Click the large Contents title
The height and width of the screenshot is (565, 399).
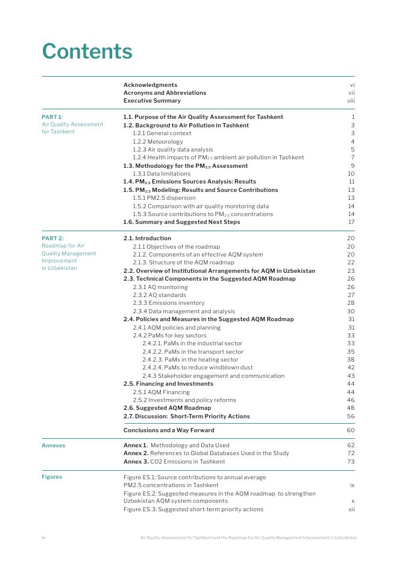(x=87, y=51)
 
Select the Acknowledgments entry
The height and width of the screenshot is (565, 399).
(x=150, y=85)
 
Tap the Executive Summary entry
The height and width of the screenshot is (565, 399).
(x=152, y=101)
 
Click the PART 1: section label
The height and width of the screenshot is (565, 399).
(x=52, y=117)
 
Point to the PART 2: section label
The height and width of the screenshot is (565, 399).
(x=52, y=238)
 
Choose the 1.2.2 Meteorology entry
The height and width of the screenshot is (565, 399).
(x=157, y=142)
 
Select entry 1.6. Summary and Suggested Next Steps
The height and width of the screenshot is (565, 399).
(x=181, y=222)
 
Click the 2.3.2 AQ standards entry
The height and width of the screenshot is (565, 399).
(x=159, y=295)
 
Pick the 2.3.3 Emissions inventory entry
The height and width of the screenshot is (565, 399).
(x=168, y=303)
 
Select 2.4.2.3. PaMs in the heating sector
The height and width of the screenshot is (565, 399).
(x=190, y=360)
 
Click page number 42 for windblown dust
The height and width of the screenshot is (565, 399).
(x=351, y=368)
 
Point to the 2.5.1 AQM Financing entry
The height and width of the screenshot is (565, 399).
(x=161, y=392)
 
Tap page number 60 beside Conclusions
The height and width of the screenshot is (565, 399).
(x=351, y=430)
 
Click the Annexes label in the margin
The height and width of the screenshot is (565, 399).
(x=54, y=445)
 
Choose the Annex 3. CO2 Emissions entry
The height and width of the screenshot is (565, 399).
(x=174, y=462)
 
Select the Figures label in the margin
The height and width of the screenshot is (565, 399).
(x=52, y=477)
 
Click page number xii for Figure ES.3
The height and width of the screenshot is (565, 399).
(x=351, y=509)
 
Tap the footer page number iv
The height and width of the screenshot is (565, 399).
(x=43, y=537)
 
